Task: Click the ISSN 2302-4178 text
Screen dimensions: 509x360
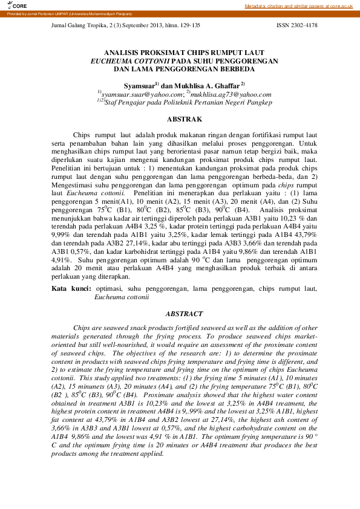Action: click(296, 25)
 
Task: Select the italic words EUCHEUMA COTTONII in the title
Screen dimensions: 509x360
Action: click(129, 61)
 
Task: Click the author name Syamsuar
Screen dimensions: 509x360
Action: click(138, 86)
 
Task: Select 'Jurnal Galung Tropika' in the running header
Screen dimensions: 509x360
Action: click(76, 25)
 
